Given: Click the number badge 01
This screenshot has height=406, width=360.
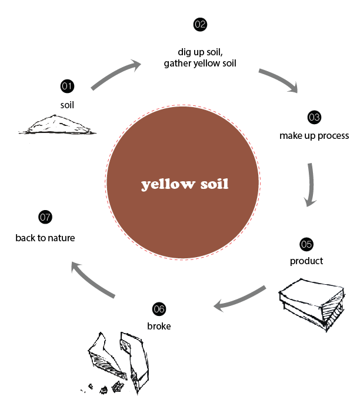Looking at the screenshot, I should coord(67,86).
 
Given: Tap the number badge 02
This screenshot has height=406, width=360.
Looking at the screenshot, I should coord(199,25).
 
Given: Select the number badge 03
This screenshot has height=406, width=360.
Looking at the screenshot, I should coord(314,117).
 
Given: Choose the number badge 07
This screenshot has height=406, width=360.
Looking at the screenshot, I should coord(45,217).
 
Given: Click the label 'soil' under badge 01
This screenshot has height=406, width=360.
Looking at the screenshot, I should coord(67,105).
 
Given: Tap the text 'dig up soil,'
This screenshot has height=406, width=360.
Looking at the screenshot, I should coord(199,51).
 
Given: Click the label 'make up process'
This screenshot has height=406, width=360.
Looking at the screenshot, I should coord(314,136).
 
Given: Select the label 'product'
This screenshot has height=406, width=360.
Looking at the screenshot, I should coord(306,261).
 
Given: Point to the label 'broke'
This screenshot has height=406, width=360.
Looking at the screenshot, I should coord(159,325).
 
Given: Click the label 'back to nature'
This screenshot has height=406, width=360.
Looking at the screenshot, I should coord(45,238).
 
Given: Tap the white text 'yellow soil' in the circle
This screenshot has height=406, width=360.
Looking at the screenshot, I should coord(185,185).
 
